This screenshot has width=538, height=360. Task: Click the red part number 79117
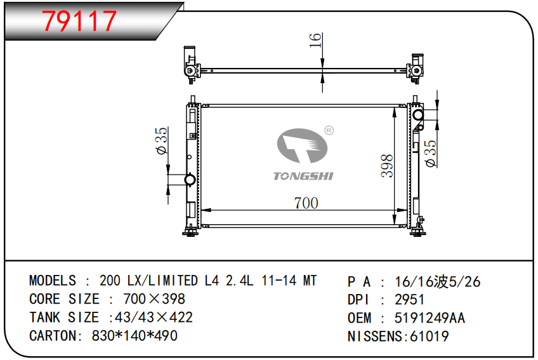point(79,21)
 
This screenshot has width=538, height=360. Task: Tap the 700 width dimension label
point(306,203)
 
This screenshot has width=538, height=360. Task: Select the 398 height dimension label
point(387,166)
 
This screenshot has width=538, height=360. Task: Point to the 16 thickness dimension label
point(315,40)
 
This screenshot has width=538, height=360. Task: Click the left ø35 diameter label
point(161,141)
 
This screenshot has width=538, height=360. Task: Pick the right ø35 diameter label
point(430,154)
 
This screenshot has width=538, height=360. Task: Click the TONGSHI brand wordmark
point(303,177)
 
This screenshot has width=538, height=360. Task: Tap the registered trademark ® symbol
point(329,131)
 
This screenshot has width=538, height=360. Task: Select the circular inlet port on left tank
point(190,180)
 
